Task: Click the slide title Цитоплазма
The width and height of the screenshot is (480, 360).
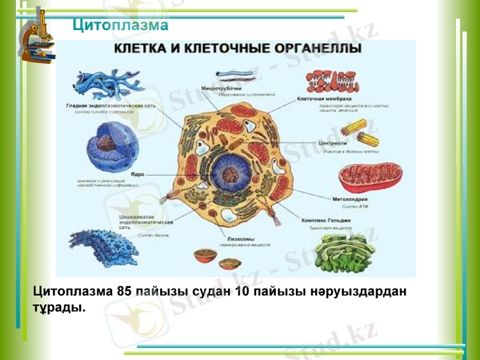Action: (120, 25)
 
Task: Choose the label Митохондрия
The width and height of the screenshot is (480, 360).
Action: (350, 199)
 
